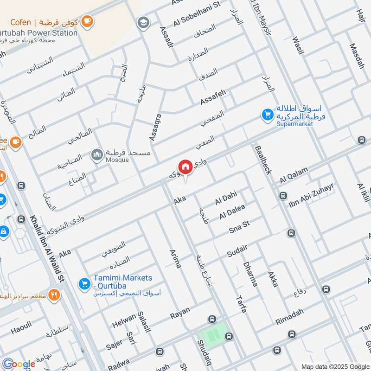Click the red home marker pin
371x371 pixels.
pyautogui.click(x=185, y=167)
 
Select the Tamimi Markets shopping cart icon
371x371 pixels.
pyautogui.click(x=84, y=282)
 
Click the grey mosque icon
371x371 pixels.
pyautogui.click(x=97, y=154)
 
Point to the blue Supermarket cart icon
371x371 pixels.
pyautogui.click(x=267, y=114)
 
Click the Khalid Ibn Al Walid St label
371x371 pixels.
pyautogui.click(x=47, y=249)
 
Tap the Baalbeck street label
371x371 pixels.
pyautogui.click(x=262, y=159)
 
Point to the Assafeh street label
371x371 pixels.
pyautogui.click(x=213, y=97)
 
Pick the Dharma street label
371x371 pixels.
pyautogui.click(x=249, y=274)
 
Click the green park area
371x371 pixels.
pyautogui.click(x=214, y=333)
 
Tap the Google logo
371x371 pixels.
pyautogui.click(x=19, y=364)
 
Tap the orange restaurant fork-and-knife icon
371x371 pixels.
pyautogui.click(x=55, y=295)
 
